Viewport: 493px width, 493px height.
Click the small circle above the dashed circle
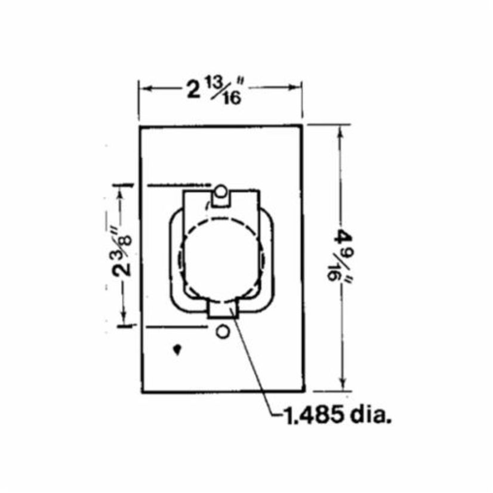pos(220,192)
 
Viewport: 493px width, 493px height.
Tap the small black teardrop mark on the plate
pos(177,350)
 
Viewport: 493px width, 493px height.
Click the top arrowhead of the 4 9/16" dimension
pos(342,131)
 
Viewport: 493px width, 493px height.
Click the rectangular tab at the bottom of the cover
pos(222,310)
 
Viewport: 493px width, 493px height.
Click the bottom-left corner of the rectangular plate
pos(141,392)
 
